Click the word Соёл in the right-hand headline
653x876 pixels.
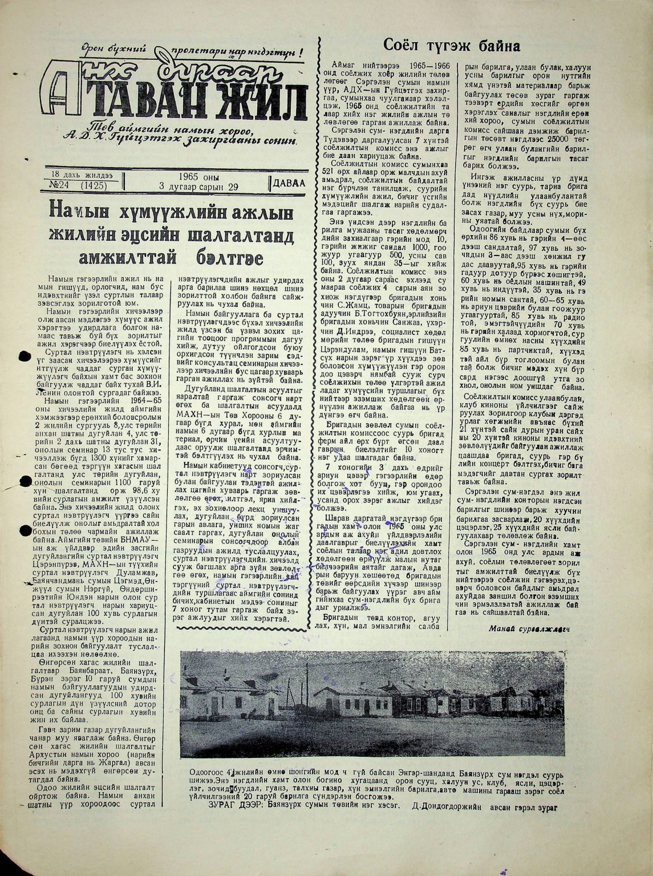pyautogui.click(x=406, y=45)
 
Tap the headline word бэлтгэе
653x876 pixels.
pyautogui.click(x=228, y=257)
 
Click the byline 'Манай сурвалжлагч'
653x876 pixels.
pyautogui.click(x=530, y=628)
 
